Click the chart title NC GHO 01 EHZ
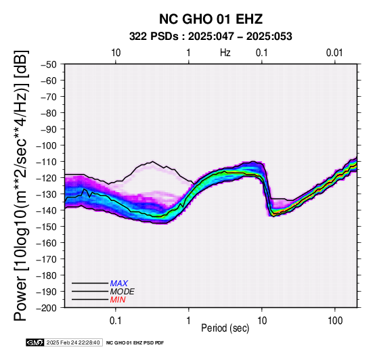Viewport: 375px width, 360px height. click(x=211, y=19)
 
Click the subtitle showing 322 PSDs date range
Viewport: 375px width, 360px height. click(x=211, y=37)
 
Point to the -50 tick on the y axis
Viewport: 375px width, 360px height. click(x=48, y=64)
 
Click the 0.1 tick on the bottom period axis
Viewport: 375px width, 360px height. click(x=115, y=321)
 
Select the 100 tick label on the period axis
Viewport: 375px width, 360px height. click(x=335, y=321)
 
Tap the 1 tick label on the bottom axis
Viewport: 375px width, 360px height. click(x=189, y=321)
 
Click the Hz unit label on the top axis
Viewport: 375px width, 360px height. click(x=225, y=53)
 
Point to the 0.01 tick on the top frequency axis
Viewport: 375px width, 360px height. click(x=334, y=53)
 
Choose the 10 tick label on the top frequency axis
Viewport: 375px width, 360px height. click(x=116, y=53)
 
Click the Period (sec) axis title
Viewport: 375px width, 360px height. click(x=225, y=328)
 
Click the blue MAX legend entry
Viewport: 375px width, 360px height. click(x=119, y=284)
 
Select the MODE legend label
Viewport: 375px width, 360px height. click(x=123, y=292)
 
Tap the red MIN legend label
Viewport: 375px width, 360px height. click(x=118, y=300)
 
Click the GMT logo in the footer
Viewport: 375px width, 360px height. click(x=35, y=342)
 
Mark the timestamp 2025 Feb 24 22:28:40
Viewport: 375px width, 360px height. click(x=73, y=342)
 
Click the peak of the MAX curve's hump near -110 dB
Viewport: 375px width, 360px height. click(x=152, y=161)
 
